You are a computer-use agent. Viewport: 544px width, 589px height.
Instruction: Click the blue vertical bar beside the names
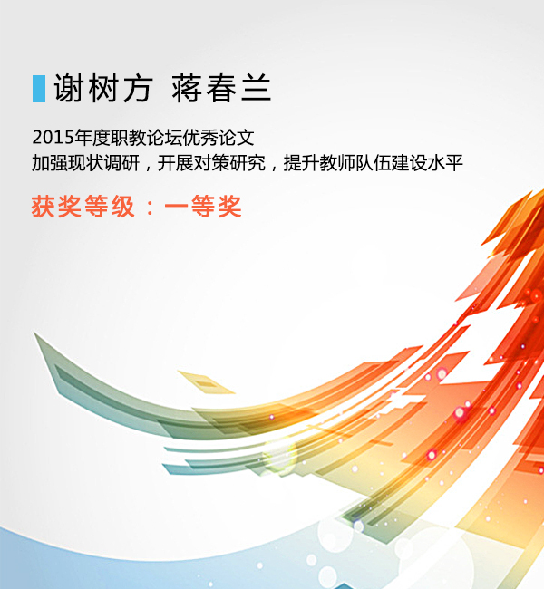[x=39, y=89]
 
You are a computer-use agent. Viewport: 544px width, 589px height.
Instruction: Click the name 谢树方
[x=103, y=88]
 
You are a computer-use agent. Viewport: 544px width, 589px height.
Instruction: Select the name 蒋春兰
[x=221, y=88]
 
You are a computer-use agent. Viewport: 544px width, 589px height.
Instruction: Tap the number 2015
[x=53, y=138]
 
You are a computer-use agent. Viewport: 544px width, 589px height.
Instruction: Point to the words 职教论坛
[x=146, y=138]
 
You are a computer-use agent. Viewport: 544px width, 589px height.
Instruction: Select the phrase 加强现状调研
[x=86, y=163]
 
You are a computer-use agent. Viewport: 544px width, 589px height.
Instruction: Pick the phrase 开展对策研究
[x=211, y=163]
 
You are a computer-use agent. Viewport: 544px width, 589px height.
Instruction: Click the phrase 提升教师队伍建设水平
[x=373, y=163]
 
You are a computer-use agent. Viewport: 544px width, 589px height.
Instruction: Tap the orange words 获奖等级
[x=83, y=207]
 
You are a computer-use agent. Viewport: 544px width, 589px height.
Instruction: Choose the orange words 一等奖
[x=202, y=207]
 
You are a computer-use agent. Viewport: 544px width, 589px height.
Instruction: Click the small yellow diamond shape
[x=206, y=382]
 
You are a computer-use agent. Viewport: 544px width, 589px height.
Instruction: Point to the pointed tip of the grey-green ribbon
[x=34, y=333]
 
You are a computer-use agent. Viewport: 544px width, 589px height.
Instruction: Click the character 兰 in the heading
[x=256, y=88]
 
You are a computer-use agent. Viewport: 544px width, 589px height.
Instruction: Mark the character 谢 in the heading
[x=69, y=88]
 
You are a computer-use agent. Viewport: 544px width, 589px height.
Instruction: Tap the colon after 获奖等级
[x=150, y=208]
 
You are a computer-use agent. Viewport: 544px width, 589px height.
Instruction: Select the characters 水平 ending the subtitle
[x=445, y=163]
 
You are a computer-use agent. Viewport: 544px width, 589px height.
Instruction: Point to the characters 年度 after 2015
[x=92, y=138]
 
